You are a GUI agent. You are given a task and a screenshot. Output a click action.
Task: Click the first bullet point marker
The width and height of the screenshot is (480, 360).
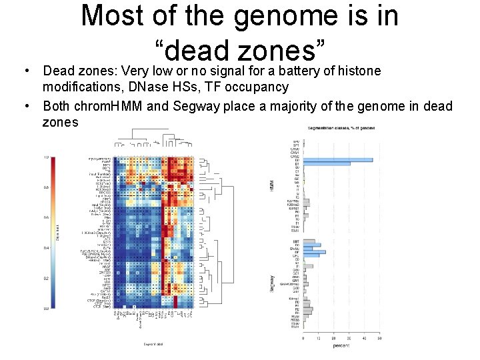pos(25,71)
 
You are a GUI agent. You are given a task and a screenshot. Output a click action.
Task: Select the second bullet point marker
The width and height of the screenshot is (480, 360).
pos(25,107)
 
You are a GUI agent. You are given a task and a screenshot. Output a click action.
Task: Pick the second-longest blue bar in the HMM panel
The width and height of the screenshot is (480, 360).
pos(326,163)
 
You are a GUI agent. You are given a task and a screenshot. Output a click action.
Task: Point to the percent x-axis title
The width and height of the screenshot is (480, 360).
pos(341,345)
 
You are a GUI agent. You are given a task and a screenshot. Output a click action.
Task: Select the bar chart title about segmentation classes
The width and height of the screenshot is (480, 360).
pos(341,127)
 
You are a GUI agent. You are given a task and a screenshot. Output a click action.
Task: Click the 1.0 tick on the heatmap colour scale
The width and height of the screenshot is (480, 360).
pos(46,157)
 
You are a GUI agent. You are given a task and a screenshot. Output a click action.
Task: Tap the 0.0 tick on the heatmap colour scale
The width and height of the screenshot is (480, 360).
pos(46,309)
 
